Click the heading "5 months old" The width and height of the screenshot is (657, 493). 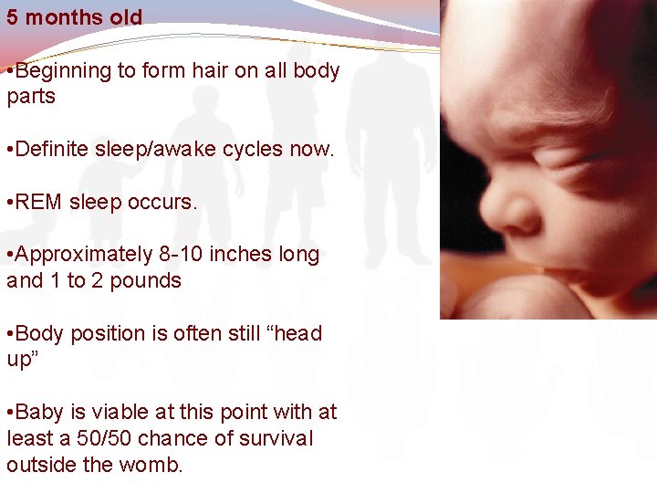coord(74,17)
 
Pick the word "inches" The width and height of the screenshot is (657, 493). coord(241,255)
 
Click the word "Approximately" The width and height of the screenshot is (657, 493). coord(89,255)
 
